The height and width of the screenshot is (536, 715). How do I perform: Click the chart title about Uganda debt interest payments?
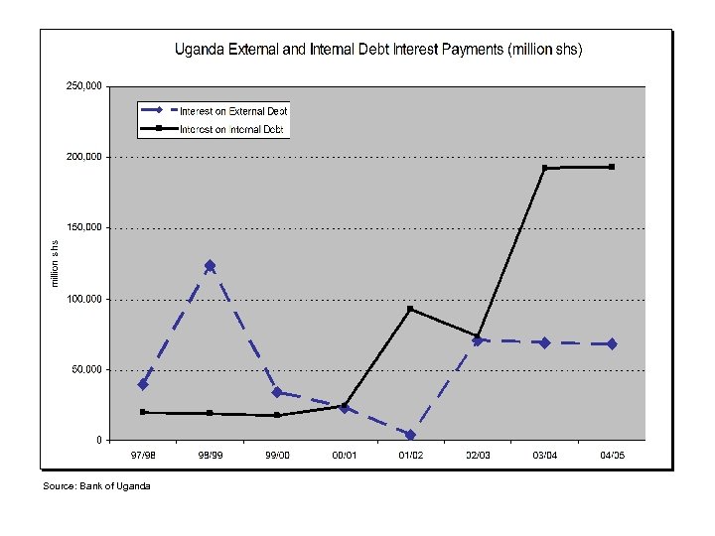pyautogui.click(x=378, y=49)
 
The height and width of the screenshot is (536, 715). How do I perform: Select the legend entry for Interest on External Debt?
pyautogui.click(x=233, y=111)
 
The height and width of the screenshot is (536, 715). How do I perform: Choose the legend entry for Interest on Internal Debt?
pyautogui.click(x=233, y=129)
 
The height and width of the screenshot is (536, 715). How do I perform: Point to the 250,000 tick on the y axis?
pyautogui.click(x=83, y=86)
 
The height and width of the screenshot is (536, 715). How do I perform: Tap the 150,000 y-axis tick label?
pyautogui.click(x=83, y=228)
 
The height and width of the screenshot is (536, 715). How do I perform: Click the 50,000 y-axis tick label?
pyautogui.click(x=85, y=370)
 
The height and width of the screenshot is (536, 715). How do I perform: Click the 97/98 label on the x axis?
pyautogui.click(x=143, y=455)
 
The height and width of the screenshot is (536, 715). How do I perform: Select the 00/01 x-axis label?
pyautogui.click(x=344, y=455)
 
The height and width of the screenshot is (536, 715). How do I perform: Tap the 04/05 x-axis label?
pyautogui.click(x=612, y=455)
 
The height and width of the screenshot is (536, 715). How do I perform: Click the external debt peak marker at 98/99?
pyautogui.click(x=210, y=265)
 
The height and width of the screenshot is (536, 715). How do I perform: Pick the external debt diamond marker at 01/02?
pyautogui.click(x=410, y=435)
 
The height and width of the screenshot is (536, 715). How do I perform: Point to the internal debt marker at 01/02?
pyautogui.click(x=410, y=309)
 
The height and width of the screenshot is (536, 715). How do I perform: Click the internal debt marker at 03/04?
pyautogui.click(x=544, y=168)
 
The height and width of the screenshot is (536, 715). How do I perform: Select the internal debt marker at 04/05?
pyautogui.click(x=612, y=167)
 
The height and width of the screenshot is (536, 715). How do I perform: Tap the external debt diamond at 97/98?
pyautogui.click(x=143, y=384)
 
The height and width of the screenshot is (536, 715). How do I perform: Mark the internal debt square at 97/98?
pyautogui.click(x=143, y=412)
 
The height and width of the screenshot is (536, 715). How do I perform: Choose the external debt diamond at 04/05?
pyautogui.click(x=612, y=343)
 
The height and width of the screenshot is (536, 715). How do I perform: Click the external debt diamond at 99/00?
pyautogui.click(x=277, y=392)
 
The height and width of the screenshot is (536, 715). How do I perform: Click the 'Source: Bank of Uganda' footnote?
pyautogui.click(x=96, y=485)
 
